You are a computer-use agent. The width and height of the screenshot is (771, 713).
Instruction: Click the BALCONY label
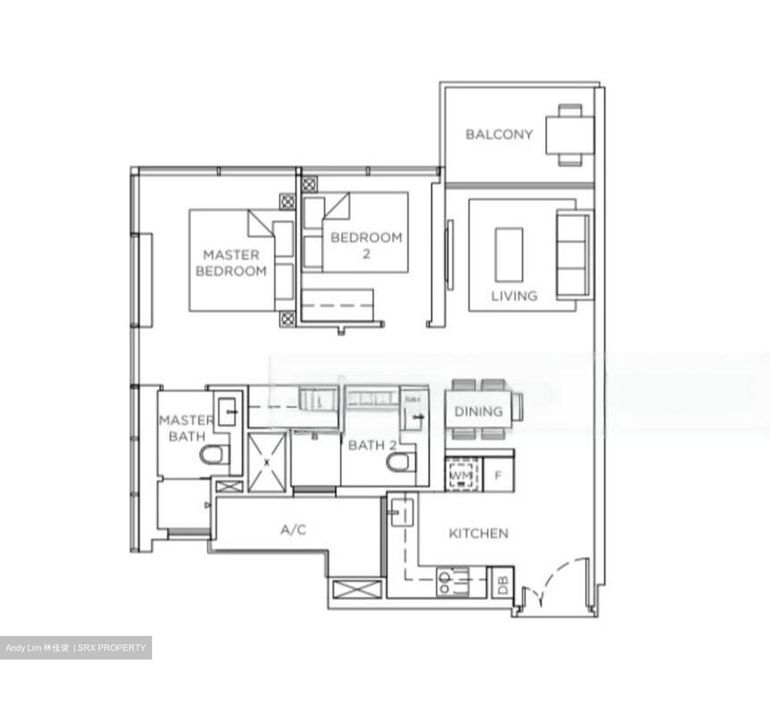pyautogui.click(x=499, y=134)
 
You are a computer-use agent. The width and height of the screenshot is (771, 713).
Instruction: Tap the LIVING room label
pyautogui.click(x=514, y=296)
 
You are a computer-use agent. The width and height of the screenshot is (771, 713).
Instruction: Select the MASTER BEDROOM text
pyautogui.click(x=231, y=263)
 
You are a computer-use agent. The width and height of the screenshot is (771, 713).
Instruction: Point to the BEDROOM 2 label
pyautogui.click(x=366, y=245)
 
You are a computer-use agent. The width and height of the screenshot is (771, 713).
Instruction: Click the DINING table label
pyautogui.click(x=479, y=411)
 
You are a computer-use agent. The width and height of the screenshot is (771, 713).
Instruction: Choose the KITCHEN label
pyautogui.click(x=478, y=533)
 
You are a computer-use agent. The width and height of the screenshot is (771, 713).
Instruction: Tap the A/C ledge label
pyautogui.click(x=293, y=530)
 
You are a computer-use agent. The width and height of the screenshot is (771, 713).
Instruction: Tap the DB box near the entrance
pyautogui.click(x=503, y=583)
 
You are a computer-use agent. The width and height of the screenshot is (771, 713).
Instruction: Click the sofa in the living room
pyautogui.click(x=573, y=255)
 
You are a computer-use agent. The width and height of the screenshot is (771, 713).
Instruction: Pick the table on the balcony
pyautogui.click(x=570, y=135)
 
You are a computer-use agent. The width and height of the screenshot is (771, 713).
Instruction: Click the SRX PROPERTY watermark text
pyautogui.click(x=112, y=648)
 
